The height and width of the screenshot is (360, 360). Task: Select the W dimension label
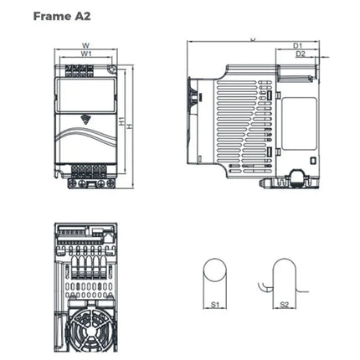86,47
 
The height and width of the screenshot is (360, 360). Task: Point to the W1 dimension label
86,55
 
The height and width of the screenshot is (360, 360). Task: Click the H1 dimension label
121,122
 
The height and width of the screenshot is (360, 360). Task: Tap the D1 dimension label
298,45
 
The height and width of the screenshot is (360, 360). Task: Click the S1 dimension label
214,306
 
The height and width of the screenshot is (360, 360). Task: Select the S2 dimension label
285,306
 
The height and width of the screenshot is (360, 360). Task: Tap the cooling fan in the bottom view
86,332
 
